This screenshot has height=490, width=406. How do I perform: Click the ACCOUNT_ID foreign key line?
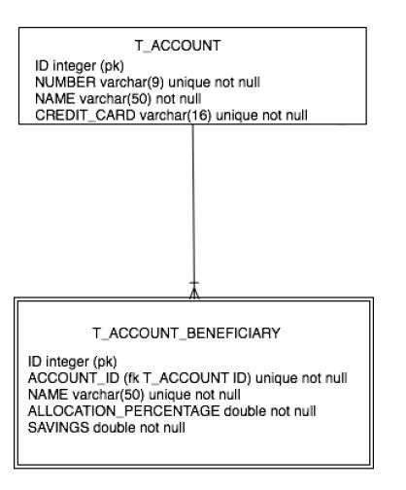[187, 377]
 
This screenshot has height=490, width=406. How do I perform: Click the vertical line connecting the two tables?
[194, 204]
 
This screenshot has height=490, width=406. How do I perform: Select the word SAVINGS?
[57, 427]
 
